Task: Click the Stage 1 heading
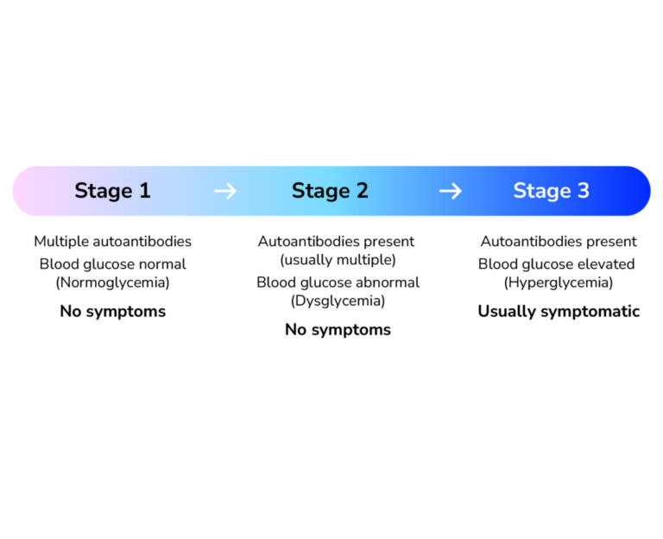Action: (x=112, y=191)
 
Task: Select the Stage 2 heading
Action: (x=330, y=191)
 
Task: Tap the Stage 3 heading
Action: (x=551, y=191)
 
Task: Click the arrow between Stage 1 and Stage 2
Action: (x=224, y=191)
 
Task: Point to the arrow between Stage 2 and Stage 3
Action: (x=450, y=191)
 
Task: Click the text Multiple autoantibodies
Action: (x=112, y=242)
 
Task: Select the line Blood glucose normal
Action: (x=112, y=263)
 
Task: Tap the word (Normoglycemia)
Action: (x=112, y=282)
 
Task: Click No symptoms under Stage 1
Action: (x=112, y=312)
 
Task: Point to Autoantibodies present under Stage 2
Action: (x=337, y=242)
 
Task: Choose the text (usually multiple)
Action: (x=337, y=260)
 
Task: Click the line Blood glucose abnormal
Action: (x=338, y=282)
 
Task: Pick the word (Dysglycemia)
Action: (x=337, y=301)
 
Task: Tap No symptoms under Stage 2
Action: (x=338, y=330)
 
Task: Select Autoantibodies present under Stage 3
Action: (x=559, y=242)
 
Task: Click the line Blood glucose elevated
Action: (x=557, y=263)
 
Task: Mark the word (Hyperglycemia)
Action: (x=559, y=282)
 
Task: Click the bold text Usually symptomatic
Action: (x=559, y=312)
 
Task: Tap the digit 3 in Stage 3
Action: (x=582, y=191)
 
